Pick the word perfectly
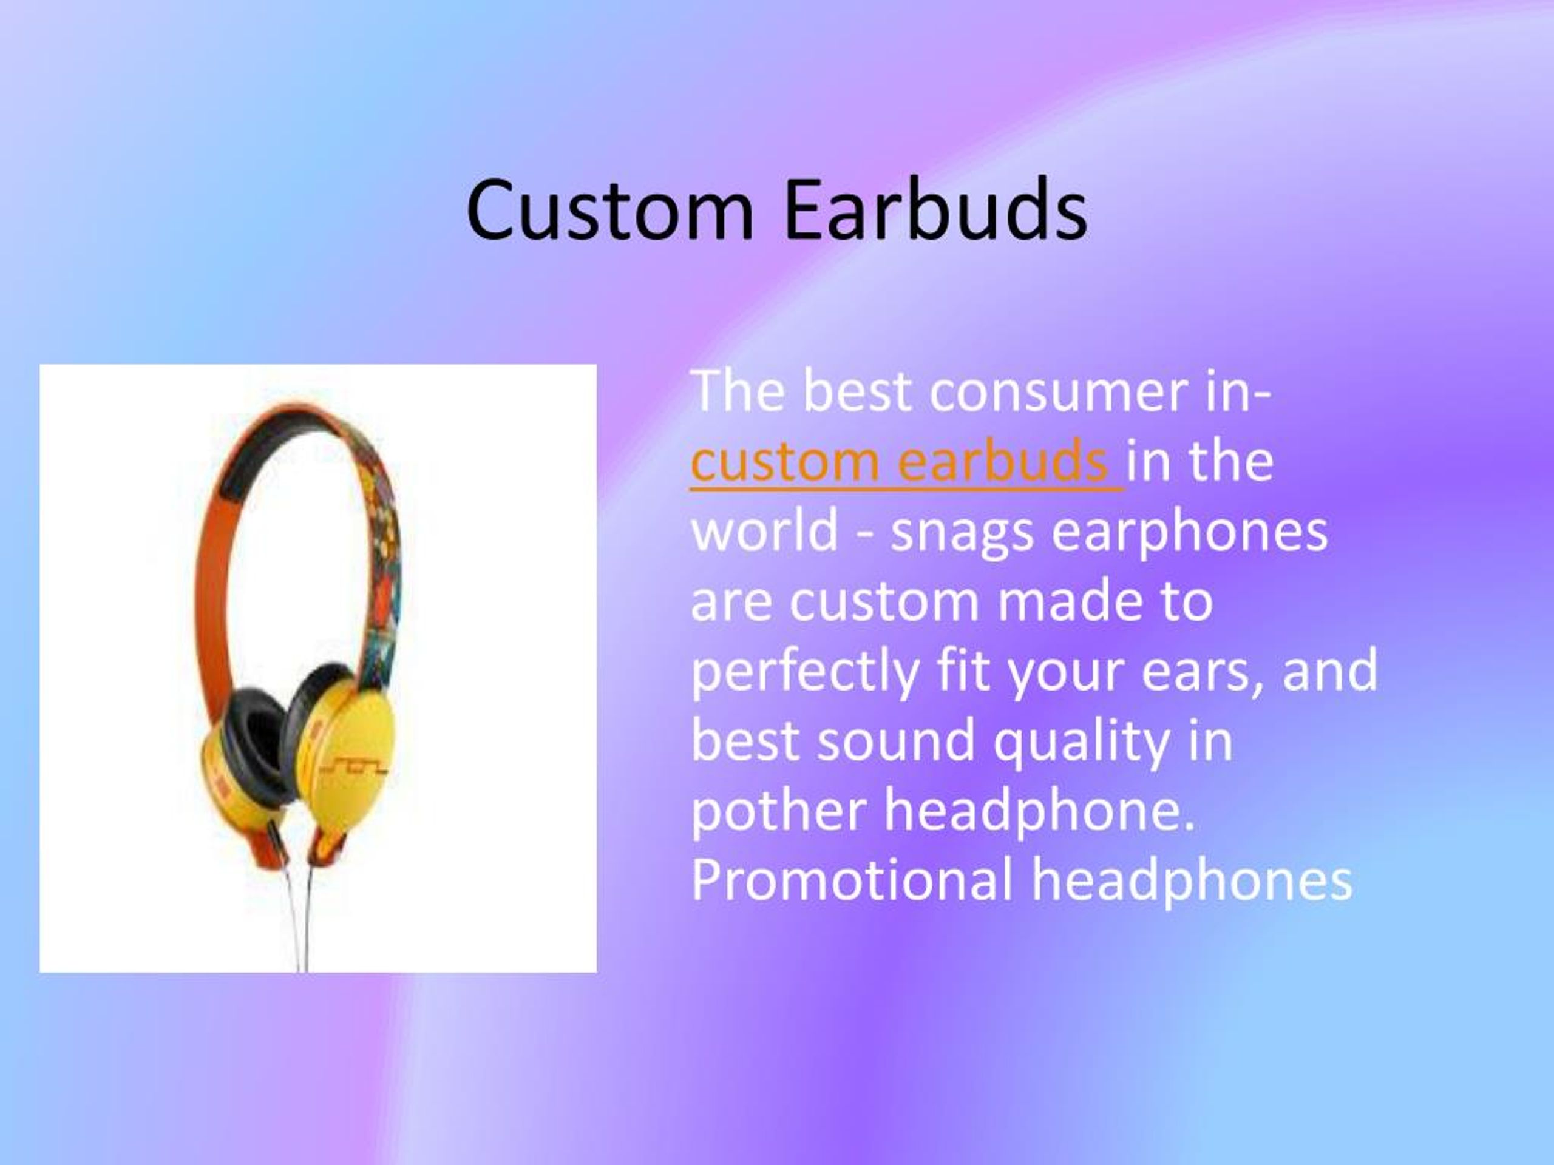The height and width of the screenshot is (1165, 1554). pos(805,671)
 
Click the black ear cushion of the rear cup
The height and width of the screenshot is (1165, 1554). pos(253,745)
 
